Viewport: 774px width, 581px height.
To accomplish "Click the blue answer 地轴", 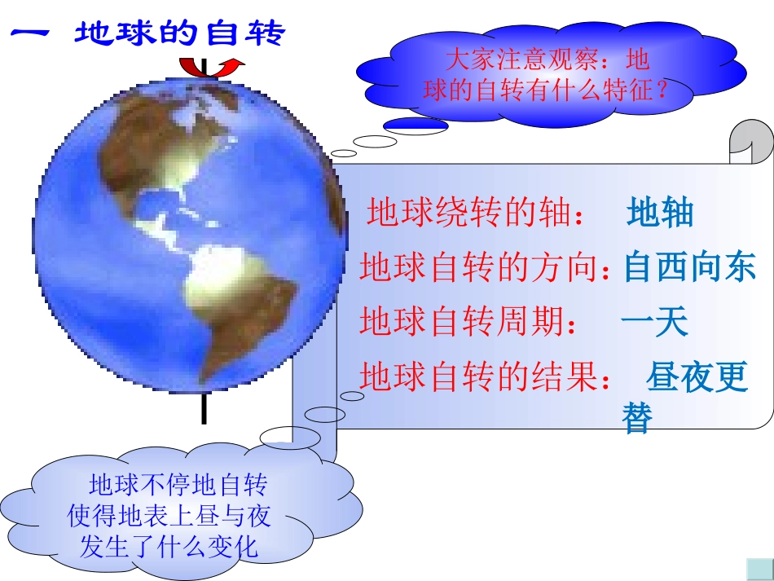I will pos(660,213).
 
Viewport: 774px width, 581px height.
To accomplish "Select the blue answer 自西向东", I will pos(689,267).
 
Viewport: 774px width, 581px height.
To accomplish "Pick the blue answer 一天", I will pos(654,322).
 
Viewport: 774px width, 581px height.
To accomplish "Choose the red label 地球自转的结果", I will pos(484,377).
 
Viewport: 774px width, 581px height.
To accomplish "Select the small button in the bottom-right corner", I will pos(759,568).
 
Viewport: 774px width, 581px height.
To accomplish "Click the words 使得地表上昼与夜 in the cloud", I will pos(169,515).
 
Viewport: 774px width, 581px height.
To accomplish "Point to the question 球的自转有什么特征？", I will pos(545,90).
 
